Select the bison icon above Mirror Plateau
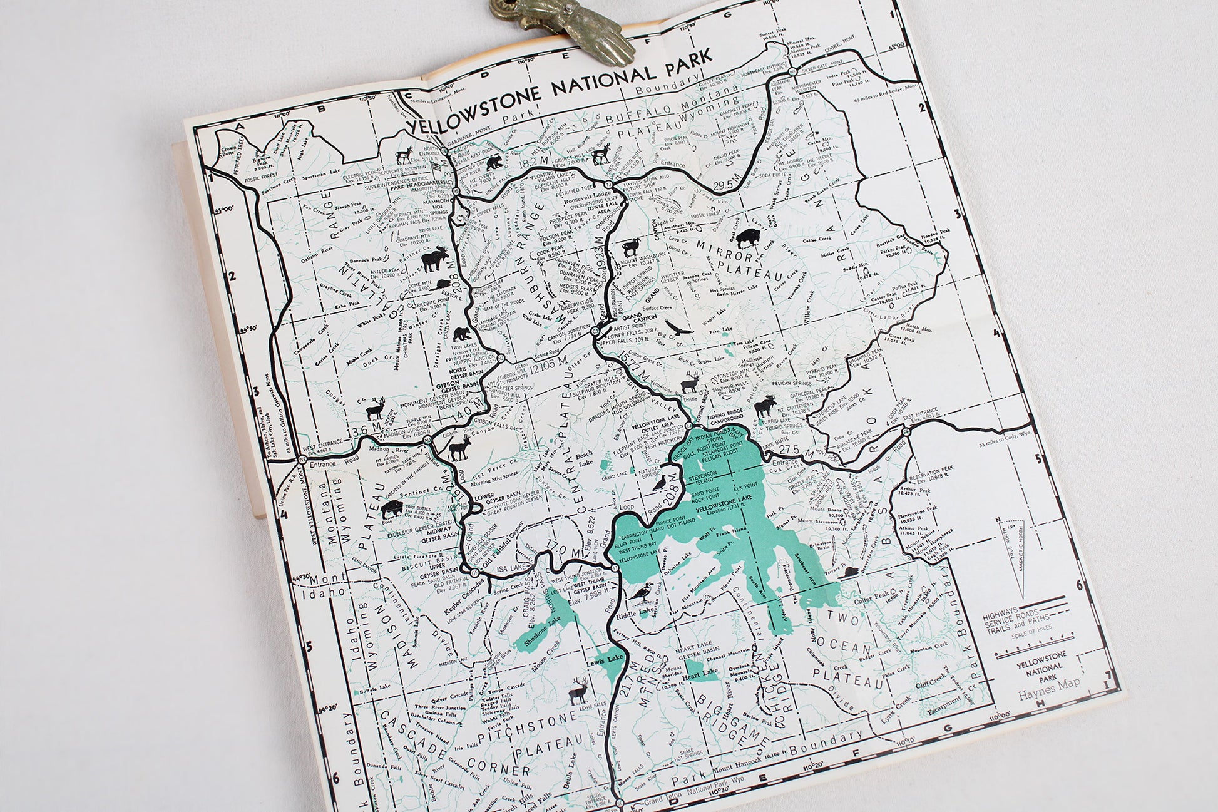coord(746,238)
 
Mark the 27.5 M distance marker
coord(791,451)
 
